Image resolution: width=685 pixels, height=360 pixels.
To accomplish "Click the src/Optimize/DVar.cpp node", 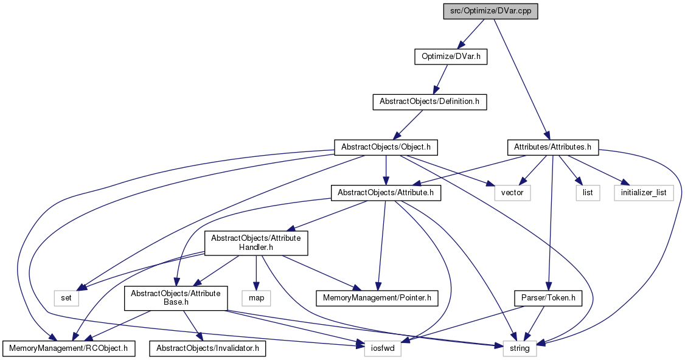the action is coord(490,11).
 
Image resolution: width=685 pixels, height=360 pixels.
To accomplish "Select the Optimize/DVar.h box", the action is coord(450,57).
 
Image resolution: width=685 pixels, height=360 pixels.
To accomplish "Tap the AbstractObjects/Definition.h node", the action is coord(429,102).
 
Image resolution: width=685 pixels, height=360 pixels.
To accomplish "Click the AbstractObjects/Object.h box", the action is coord(386,147).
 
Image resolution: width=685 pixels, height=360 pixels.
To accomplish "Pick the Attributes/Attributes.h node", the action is coord(552,147).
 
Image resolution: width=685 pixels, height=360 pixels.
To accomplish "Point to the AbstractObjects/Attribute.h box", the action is coord(386,193).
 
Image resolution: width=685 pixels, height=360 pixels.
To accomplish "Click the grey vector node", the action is coord(512,193).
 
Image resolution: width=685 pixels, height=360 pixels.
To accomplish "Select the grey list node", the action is coord(588,193).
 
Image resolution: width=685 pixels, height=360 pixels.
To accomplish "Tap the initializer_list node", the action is coord(644,193).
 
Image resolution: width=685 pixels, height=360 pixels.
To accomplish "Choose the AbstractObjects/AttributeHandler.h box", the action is coord(256,243).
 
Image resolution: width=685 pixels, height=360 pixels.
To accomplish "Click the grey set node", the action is coord(66,298).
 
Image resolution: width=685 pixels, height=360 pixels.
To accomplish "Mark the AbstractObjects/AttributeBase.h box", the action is coord(176,299).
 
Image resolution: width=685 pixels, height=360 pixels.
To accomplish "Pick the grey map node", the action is coord(257,298).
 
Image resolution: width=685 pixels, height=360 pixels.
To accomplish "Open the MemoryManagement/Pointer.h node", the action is coord(377,298).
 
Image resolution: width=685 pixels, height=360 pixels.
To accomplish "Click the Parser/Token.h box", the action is coord(548,298).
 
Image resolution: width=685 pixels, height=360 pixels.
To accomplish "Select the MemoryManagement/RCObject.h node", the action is coord(69,348).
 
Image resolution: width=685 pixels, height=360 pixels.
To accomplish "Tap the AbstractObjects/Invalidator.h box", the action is coord(207,348).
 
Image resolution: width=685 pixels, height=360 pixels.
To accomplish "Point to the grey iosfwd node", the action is coord(382,348).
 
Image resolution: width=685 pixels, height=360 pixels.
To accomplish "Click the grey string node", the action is coord(520,348).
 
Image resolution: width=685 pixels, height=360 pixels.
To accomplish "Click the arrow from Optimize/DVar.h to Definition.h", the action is coord(440,79).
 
